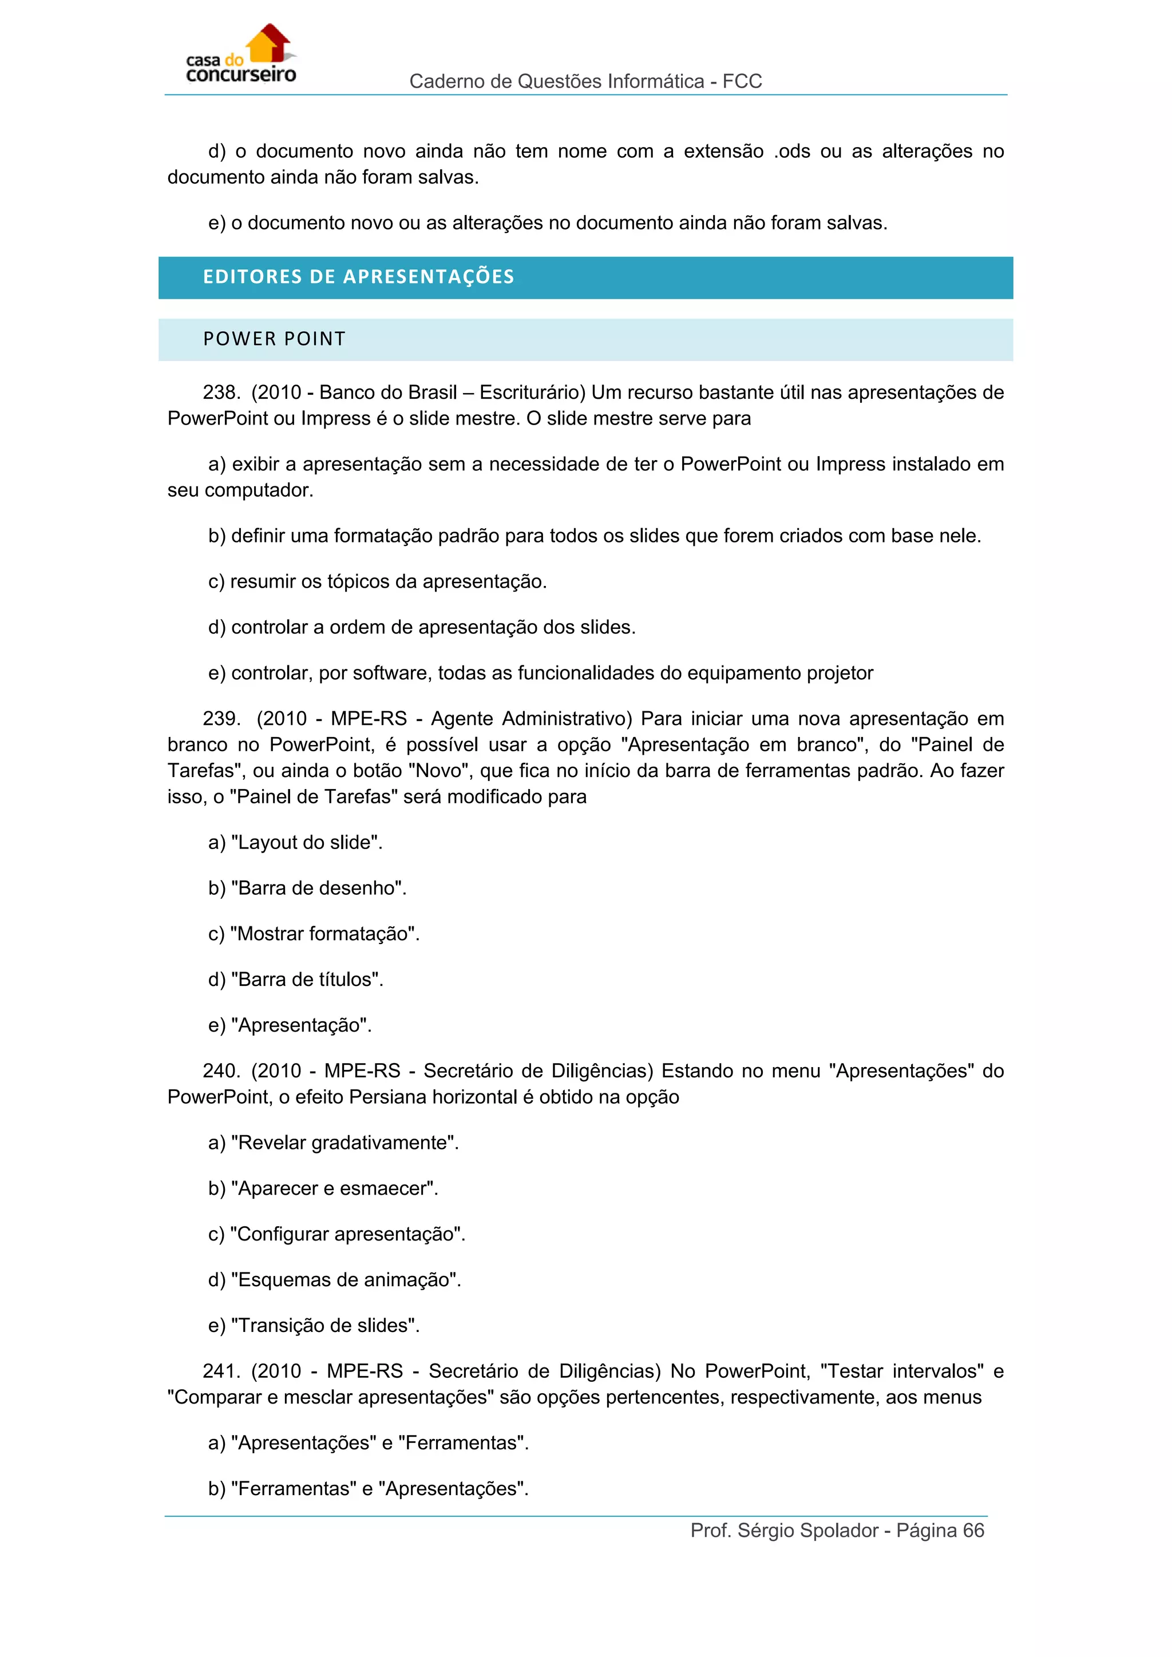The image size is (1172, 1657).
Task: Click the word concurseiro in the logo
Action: pos(241,75)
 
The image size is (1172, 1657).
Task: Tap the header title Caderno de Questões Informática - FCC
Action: pos(585,82)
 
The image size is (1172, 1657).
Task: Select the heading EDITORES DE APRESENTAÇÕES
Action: pos(359,277)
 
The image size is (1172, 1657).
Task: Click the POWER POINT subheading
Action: pos(274,339)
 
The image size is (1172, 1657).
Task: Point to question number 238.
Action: pos(221,393)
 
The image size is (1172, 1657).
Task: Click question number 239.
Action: pos(221,719)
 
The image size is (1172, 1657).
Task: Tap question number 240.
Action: pos(221,1071)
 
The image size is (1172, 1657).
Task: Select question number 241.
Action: pos(221,1371)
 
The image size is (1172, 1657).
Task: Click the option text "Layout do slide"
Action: pos(307,843)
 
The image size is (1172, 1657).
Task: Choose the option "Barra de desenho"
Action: pos(318,889)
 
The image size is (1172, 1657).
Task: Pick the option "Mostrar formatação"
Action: pos(324,934)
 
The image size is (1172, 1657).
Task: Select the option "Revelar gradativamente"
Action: pos(345,1143)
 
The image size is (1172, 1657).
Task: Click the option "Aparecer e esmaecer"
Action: pos(334,1188)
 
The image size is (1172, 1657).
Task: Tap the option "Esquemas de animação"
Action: pos(346,1281)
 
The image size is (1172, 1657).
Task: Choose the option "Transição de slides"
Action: pos(324,1326)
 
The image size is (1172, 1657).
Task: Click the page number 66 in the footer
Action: pos(973,1531)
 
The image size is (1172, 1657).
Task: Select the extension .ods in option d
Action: pos(791,152)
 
